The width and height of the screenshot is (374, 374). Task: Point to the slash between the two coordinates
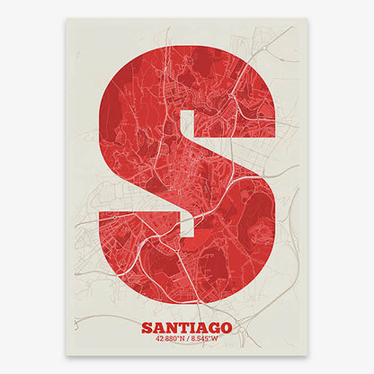coord(187,339)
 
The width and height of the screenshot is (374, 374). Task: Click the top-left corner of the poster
coord(67,19)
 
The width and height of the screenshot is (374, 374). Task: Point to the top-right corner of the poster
coord(307,19)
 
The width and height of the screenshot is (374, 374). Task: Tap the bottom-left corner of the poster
coord(67,354)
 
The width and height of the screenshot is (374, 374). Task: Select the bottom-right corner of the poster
coord(307,354)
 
